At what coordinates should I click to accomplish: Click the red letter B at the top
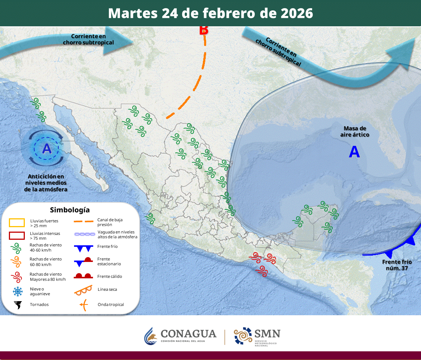[x=204, y=30]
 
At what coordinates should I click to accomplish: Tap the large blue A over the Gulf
[x=354, y=152]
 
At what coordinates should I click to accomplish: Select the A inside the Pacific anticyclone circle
[x=47, y=149]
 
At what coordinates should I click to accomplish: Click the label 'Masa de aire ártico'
[x=355, y=131]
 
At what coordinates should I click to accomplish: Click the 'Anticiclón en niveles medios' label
[x=46, y=183]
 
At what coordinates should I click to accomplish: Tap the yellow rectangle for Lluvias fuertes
[x=17, y=223]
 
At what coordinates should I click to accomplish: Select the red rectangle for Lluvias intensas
[x=17, y=236]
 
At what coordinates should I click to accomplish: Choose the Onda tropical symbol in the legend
[x=84, y=305]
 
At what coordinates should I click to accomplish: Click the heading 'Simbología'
[x=70, y=210]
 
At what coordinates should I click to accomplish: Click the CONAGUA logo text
[x=188, y=334]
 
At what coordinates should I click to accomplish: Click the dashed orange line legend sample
[x=83, y=222]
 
